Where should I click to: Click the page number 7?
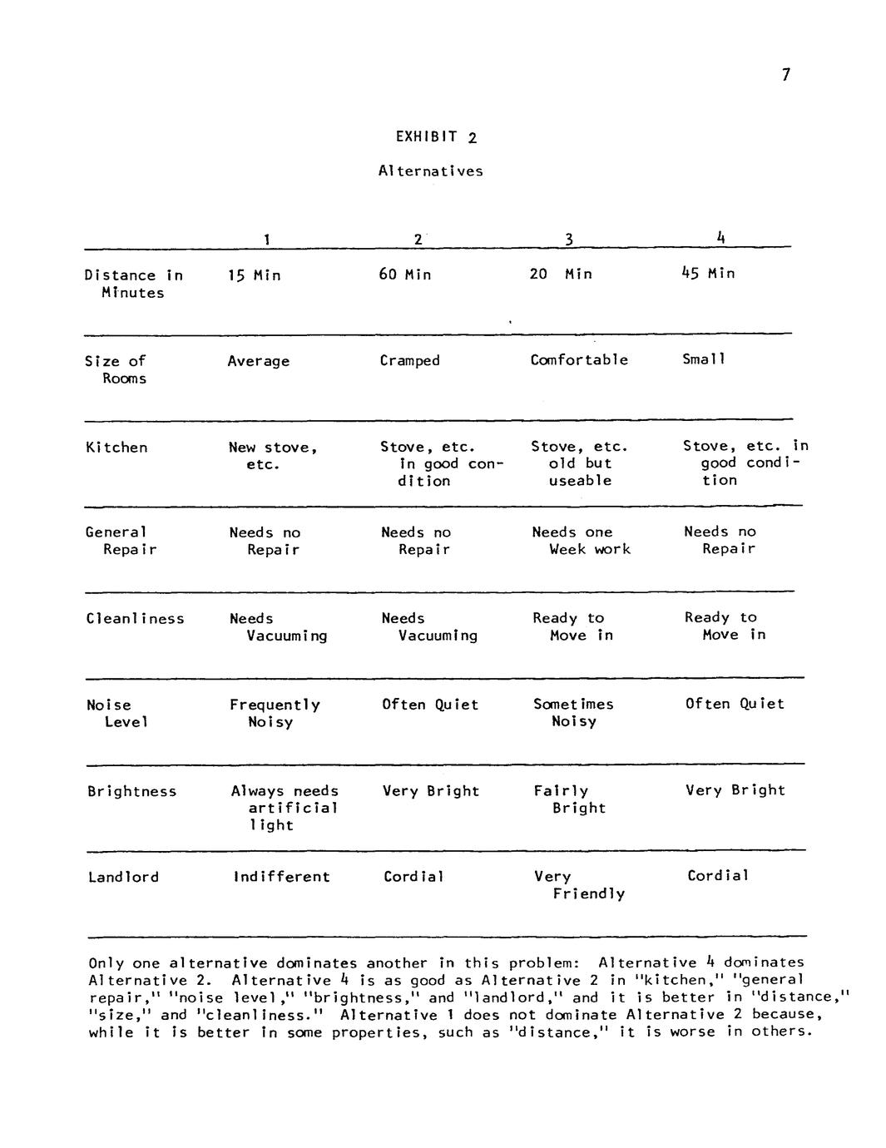pyautogui.click(x=785, y=76)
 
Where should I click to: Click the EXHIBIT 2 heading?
pyautogui.click(x=436, y=137)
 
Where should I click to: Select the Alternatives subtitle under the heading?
pyautogui.click(x=430, y=171)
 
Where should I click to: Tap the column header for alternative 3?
pyautogui.click(x=569, y=240)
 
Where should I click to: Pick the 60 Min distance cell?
pyautogui.click(x=405, y=275)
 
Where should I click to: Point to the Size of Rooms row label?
pyautogui.click(x=116, y=369)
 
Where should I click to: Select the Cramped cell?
pyautogui.click(x=409, y=361)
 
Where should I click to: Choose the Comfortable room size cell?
pyautogui.click(x=579, y=360)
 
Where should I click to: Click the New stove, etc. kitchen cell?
pyautogui.click(x=273, y=456)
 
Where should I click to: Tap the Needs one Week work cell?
pyautogui.click(x=581, y=541)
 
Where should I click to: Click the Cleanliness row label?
pyautogui.click(x=135, y=619)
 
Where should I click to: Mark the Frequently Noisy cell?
pyautogui.click(x=275, y=714)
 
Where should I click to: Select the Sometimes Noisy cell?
pyautogui.click(x=573, y=713)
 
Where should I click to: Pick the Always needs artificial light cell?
pyautogui.click(x=285, y=808)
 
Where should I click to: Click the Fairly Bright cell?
pyautogui.click(x=570, y=799)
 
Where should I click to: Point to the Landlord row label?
pyautogui.click(x=123, y=877)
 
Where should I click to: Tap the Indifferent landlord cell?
pyautogui.click(x=281, y=877)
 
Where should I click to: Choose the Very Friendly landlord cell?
pyautogui.click(x=580, y=885)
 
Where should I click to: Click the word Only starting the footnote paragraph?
pyautogui.click(x=106, y=963)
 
